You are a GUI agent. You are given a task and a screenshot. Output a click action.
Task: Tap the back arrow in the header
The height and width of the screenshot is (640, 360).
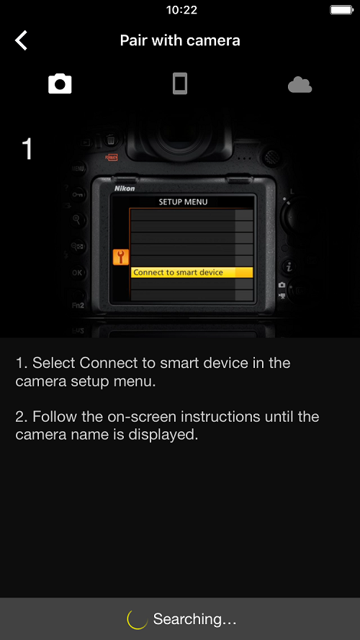tap(21, 40)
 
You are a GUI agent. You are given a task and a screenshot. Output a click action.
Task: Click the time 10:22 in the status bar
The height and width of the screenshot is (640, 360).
tap(181, 10)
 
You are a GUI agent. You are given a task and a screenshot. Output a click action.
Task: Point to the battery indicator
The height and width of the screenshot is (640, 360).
tap(341, 10)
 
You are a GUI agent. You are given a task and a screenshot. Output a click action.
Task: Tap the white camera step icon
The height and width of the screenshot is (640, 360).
tap(60, 84)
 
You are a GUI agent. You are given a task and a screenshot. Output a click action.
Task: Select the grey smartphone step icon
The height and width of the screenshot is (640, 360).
tap(179, 84)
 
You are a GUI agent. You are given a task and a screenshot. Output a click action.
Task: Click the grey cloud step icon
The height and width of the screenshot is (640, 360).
tap(300, 85)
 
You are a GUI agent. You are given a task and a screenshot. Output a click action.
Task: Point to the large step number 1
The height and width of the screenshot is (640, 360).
tap(27, 148)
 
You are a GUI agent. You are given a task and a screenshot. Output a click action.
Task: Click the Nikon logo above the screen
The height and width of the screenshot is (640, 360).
tap(125, 189)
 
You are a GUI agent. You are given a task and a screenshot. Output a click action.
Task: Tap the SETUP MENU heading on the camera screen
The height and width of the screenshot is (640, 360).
tap(183, 202)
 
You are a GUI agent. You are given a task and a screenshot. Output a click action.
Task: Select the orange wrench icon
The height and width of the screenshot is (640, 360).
tap(121, 257)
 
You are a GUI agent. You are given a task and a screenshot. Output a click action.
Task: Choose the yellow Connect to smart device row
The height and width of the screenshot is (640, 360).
tap(192, 272)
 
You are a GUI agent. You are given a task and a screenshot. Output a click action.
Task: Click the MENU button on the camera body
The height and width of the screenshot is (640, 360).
tap(78, 168)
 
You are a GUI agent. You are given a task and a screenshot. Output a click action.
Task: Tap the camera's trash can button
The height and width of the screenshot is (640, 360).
tap(111, 140)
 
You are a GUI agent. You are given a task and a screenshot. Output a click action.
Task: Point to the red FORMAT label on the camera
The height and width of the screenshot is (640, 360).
tap(111, 157)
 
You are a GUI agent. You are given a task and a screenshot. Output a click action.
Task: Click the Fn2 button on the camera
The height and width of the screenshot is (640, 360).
tap(78, 305)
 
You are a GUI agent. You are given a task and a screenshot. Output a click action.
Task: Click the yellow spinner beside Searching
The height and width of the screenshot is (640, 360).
tap(138, 619)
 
